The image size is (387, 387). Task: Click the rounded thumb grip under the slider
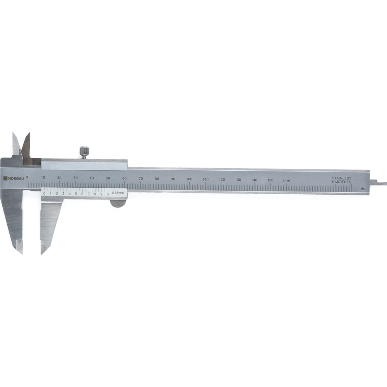point(118,204)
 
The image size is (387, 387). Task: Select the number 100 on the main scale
point(189,179)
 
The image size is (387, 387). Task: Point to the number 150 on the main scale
point(270,180)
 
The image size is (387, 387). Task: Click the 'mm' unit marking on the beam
point(286,180)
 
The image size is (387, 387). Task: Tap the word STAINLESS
point(342,178)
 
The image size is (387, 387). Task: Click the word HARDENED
point(342,182)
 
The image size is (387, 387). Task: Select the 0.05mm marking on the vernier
point(118,193)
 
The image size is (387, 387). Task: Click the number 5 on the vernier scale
point(76,194)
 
